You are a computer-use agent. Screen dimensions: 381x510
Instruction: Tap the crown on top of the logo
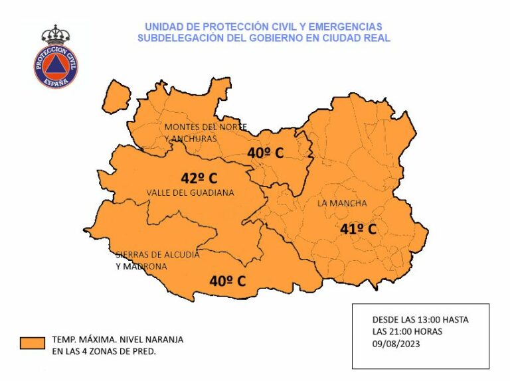pyautogui.click(x=56, y=34)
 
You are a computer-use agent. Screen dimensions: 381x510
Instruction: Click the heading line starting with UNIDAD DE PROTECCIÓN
pyautogui.click(x=264, y=27)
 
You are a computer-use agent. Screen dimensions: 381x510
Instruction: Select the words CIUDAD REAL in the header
pyautogui.click(x=359, y=38)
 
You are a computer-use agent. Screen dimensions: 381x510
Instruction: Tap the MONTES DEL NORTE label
pyautogui.click(x=206, y=126)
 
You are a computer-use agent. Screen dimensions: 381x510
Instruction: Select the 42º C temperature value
pyautogui.click(x=199, y=178)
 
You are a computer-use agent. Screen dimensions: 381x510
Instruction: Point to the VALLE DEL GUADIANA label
pyautogui.click(x=190, y=192)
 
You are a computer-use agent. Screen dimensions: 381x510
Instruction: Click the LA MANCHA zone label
pyautogui.click(x=342, y=203)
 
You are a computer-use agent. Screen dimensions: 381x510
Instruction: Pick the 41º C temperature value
pyautogui.click(x=358, y=229)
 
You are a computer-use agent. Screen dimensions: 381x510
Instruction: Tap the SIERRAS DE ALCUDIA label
pyautogui.click(x=157, y=254)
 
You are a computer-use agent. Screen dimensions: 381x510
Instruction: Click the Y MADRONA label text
pyautogui.click(x=141, y=266)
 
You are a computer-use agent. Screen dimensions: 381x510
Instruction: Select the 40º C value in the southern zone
pyautogui.click(x=227, y=281)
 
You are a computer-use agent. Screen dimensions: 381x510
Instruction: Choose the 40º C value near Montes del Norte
pyautogui.click(x=265, y=153)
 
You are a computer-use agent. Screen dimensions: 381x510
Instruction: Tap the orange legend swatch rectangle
pyautogui.click(x=32, y=343)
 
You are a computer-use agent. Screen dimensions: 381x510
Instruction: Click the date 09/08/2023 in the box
pyautogui.click(x=396, y=343)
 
